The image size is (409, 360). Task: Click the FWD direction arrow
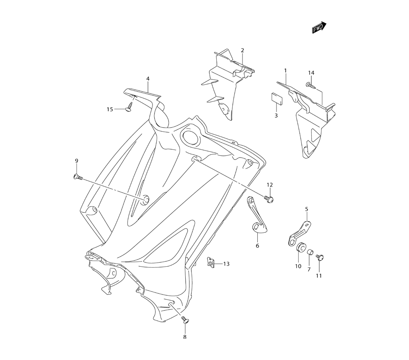[319, 27]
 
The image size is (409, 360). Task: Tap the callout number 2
[242, 50]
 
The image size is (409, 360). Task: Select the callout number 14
[311, 73]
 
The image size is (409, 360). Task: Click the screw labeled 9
[76, 177]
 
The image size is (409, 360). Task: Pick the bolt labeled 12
[269, 199]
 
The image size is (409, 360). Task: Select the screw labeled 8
[184, 322]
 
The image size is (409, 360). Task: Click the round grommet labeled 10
[301, 247]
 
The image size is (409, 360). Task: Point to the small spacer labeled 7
[310, 252]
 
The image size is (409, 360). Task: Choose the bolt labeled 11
[320, 257]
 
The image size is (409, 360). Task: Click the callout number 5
[306, 209]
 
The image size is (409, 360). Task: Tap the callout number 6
[257, 246]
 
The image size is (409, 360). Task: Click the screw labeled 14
[309, 85]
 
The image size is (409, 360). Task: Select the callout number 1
[285, 70]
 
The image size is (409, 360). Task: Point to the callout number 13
[226, 264]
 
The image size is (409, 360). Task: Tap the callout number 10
[298, 266]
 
